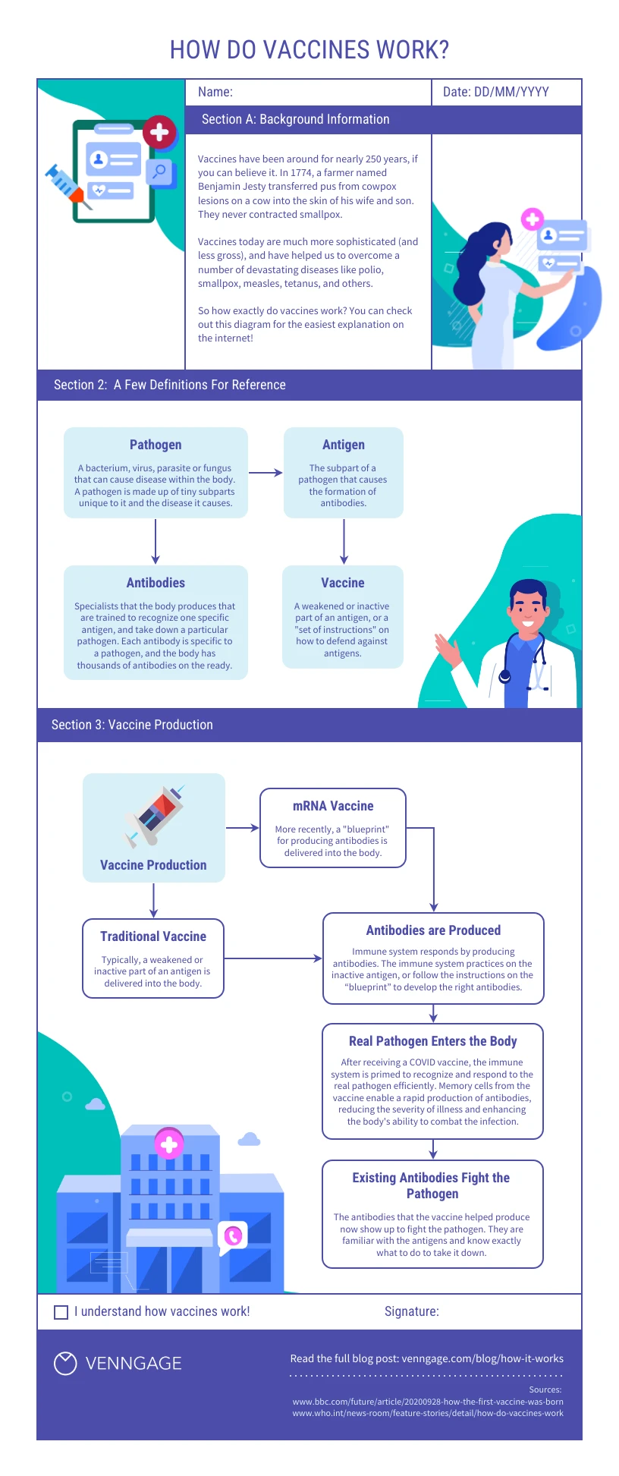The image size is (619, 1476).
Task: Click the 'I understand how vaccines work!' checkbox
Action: click(x=61, y=1312)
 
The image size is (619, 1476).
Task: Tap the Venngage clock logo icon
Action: click(x=65, y=1363)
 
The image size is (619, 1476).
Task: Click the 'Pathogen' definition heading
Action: click(x=156, y=445)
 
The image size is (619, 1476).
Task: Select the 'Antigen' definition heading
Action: click(x=344, y=445)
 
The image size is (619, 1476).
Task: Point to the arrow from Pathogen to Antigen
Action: click(x=266, y=473)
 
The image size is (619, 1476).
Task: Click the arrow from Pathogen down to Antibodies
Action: click(x=156, y=541)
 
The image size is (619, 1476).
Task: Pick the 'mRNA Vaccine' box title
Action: click(x=333, y=806)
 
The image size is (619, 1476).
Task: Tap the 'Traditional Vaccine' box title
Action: click(x=153, y=936)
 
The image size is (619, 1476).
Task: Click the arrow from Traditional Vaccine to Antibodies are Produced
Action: click(x=273, y=958)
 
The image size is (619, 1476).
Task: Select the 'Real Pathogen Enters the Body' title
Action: click(x=432, y=1041)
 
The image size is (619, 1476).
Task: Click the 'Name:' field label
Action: click(x=215, y=92)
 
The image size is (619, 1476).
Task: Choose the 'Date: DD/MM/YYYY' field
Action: click(x=496, y=92)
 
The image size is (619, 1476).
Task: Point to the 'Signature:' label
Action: click(x=411, y=1311)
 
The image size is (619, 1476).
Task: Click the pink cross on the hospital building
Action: click(x=169, y=1144)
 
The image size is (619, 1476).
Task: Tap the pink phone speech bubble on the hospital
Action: click(x=233, y=1236)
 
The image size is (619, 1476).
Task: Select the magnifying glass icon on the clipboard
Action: click(x=159, y=172)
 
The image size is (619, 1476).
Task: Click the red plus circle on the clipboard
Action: click(x=159, y=133)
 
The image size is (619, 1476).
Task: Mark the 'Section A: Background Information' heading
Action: click(x=295, y=119)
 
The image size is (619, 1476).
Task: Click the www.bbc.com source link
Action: click(x=428, y=1402)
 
